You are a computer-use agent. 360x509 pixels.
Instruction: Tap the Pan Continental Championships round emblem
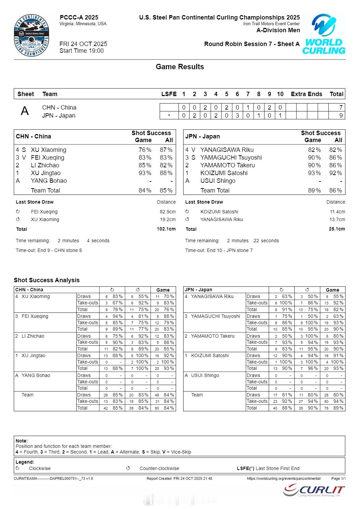tap(32, 35)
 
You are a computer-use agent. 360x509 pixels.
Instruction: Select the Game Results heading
tap(180, 67)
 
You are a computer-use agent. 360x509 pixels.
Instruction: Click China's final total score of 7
tap(341, 108)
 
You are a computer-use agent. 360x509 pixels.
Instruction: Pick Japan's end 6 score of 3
tap(237, 116)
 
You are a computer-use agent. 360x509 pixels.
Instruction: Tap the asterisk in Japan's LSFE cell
tap(169, 116)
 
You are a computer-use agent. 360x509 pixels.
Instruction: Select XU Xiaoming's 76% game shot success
tap(145, 150)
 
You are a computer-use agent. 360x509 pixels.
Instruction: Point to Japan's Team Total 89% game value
tap(314, 190)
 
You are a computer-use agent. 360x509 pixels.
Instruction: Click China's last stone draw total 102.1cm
tap(166, 229)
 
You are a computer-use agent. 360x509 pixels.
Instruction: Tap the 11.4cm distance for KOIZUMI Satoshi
tap(337, 212)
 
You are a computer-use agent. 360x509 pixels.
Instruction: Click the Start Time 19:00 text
tap(82, 51)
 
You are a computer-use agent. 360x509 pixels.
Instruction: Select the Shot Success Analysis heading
tap(47, 280)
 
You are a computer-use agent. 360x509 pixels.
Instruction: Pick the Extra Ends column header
tap(306, 94)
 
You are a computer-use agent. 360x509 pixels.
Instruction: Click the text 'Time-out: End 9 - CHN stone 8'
tap(49, 250)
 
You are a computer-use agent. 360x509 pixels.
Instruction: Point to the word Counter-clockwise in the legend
tap(159, 468)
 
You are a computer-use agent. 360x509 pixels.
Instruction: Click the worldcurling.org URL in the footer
tap(284, 478)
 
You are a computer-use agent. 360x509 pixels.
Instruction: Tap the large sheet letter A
tap(25, 111)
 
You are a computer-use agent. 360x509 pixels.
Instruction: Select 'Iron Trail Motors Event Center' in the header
tap(271, 24)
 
